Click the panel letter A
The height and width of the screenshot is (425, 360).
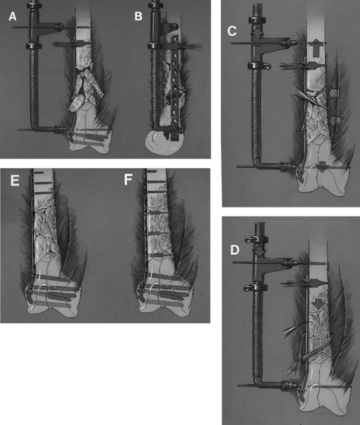(13, 16)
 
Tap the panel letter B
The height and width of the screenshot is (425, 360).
(138, 16)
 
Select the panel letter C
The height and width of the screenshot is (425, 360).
(232, 31)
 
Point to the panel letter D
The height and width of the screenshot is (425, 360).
(235, 250)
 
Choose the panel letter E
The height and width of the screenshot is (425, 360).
(15, 180)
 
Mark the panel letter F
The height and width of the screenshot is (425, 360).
(128, 180)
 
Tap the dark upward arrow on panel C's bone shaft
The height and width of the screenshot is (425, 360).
(315, 48)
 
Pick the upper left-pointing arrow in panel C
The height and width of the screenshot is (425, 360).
(334, 93)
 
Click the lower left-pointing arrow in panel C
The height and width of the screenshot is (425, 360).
(335, 120)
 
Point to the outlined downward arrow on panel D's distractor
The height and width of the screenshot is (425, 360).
(259, 250)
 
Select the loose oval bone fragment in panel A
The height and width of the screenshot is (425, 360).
(77, 104)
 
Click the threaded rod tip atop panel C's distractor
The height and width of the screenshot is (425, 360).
(258, 10)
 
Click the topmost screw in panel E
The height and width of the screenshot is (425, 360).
(39, 173)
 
